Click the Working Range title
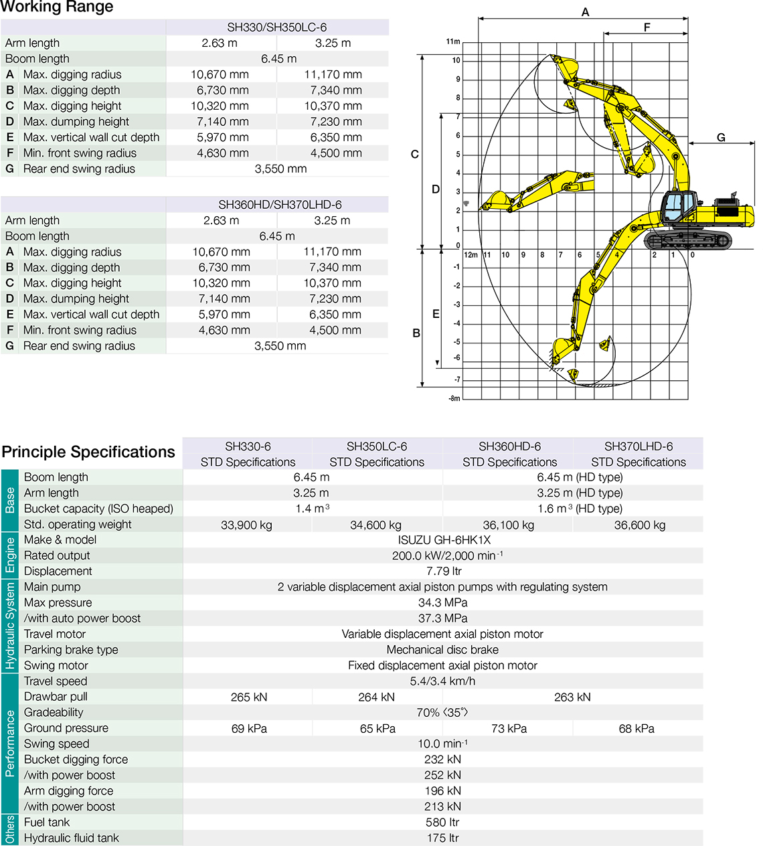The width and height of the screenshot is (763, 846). click(x=58, y=7)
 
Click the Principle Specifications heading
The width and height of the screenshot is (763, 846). click(x=88, y=452)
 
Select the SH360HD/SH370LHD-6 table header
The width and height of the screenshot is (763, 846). click(x=280, y=205)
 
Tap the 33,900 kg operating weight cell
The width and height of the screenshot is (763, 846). click(x=247, y=525)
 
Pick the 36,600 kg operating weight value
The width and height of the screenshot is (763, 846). click(x=640, y=525)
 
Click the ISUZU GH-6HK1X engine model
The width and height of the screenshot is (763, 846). click(x=444, y=540)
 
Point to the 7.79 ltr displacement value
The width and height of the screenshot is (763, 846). click(x=444, y=572)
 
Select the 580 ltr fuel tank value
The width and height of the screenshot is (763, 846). click(x=444, y=823)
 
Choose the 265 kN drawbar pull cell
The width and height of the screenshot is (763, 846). click(x=249, y=697)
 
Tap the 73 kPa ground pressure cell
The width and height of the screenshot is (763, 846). click(x=509, y=729)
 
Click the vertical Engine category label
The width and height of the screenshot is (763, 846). click(x=10, y=556)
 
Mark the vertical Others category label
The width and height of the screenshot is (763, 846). click(x=10, y=829)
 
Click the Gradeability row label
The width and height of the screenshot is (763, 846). click(x=54, y=713)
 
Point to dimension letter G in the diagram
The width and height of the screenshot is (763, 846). click(x=721, y=137)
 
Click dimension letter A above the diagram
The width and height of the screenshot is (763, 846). click(x=585, y=12)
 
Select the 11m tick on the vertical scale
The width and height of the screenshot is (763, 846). click(x=453, y=41)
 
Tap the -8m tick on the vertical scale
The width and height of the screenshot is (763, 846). click(x=454, y=398)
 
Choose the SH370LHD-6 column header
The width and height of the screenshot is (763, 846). click(x=639, y=446)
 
